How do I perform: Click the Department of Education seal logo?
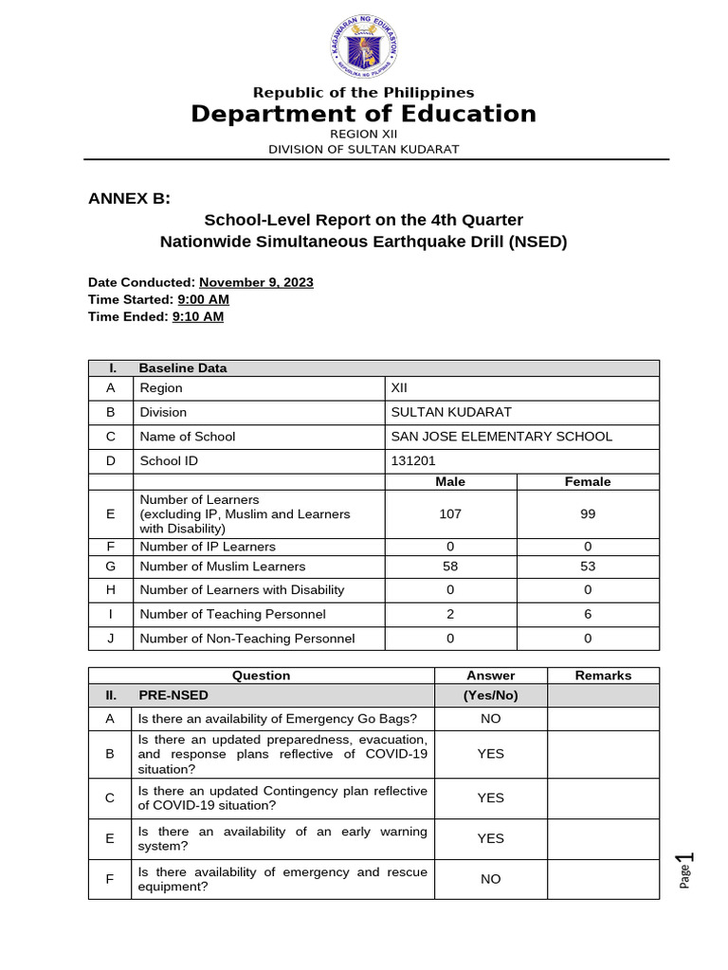364,47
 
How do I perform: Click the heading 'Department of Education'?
364,115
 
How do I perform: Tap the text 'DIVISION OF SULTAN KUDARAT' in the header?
364,149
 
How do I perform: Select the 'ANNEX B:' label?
129,198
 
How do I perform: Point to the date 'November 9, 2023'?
256,282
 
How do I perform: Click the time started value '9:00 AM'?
203,299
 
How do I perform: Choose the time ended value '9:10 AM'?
197,316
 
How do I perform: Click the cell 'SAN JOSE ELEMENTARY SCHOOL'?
501,437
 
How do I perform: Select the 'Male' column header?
450,482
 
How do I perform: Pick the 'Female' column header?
588,482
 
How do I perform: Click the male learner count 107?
450,513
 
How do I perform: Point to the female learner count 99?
588,513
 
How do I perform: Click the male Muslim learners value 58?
450,566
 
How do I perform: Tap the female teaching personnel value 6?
588,614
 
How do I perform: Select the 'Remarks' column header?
603,675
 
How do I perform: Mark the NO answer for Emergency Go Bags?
490,719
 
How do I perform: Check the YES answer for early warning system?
490,838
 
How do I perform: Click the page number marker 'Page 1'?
686,869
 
